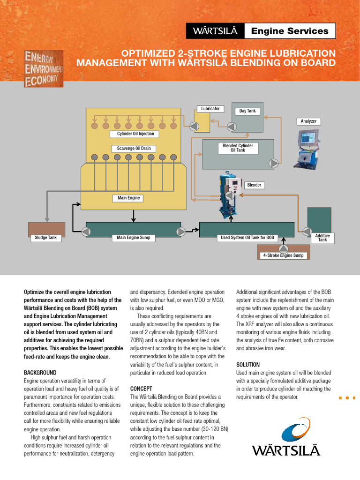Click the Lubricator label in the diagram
[210, 109]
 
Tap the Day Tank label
[247, 111]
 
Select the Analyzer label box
[308, 121]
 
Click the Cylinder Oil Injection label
[135, 134]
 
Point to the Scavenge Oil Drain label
[134, 149]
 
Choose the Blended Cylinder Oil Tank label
[238, 148]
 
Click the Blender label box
[254, 185]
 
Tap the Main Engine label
[128, 198]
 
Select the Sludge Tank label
[46, 238]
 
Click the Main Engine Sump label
[134, 238]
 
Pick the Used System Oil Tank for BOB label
[247, 238]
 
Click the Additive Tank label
[322, 238]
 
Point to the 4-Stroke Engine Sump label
[283, 255]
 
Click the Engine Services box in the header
[290, 31]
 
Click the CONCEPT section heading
[141, 389]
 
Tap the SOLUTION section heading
[248, 364]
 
